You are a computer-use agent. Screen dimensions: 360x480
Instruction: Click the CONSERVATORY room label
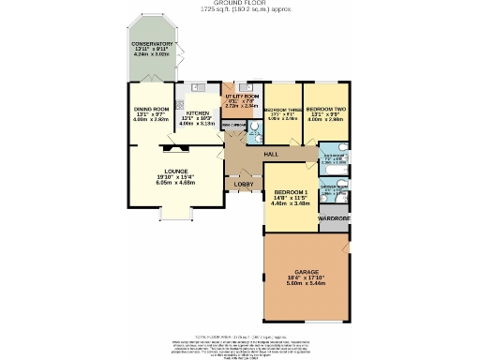coord(152,43)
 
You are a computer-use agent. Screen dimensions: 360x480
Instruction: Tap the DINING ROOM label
coord(150,110)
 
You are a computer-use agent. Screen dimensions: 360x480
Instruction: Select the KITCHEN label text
coord(198,112)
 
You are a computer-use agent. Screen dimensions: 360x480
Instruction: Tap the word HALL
coord(272,154)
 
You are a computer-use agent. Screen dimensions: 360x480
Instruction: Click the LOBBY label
coord(241,185)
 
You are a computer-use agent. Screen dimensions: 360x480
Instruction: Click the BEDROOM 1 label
coord(290,191)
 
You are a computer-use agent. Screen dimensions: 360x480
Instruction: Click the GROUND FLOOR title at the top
coord(239,4)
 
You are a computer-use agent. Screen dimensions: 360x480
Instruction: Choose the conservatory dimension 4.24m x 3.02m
coord(152,54)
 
